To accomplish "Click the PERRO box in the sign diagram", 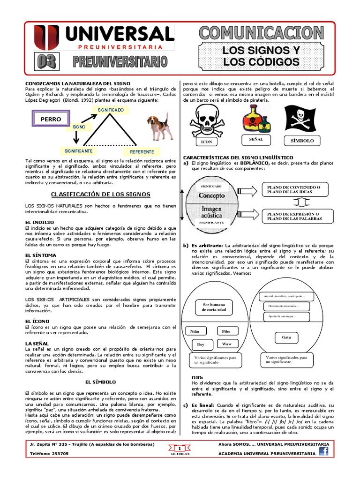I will click(51, 119).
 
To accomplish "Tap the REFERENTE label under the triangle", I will click(142, 152).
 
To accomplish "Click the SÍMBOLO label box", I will click(302, 141).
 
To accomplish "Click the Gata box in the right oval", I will click(286, 337).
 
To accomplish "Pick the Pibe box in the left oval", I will click(226, 331).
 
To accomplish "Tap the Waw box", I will click(226, 344).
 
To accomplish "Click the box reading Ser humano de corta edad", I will click(214, 307).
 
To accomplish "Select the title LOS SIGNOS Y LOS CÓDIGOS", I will click(261, 56).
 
